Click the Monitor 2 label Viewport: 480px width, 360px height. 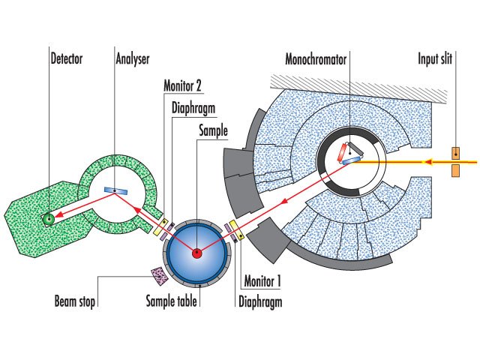(183, 85)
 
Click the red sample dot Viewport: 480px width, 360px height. (196, 253)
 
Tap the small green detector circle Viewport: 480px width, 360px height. (49, 218)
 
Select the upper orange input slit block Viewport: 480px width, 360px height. (455, 153)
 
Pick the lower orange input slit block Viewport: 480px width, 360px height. (455, 171)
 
